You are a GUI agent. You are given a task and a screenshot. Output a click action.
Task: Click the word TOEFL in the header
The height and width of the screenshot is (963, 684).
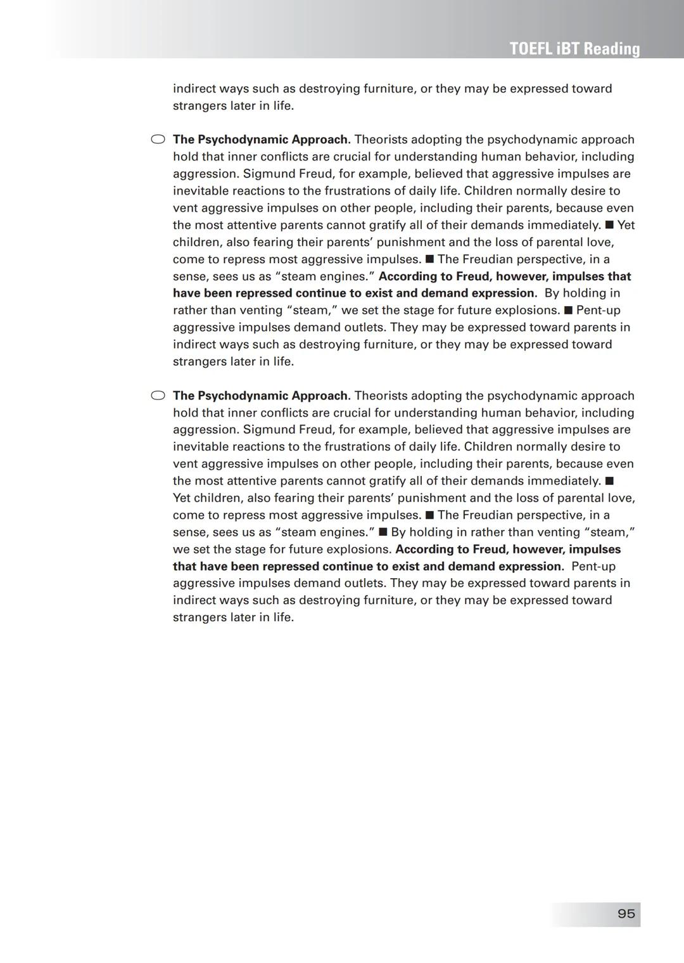tap(531, 49)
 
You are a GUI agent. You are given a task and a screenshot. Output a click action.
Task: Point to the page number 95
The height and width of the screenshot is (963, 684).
tap(626, 914)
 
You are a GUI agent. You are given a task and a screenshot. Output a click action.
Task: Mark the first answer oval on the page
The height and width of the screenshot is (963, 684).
tap(158, 139)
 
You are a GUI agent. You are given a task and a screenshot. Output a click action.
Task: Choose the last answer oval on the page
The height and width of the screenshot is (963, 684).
tap(158, 396)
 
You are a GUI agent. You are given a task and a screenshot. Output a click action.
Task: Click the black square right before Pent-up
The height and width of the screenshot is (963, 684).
tap(568, 310)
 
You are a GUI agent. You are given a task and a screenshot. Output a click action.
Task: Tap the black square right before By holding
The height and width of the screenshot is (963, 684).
tap(383, 532)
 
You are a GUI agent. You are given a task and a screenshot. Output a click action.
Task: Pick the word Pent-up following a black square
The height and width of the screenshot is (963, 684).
tap(598, 310)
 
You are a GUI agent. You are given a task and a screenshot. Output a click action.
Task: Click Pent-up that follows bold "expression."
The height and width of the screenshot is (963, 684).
tap(593, 566)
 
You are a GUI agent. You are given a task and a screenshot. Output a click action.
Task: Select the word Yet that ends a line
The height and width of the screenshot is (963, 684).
tap(626, 225)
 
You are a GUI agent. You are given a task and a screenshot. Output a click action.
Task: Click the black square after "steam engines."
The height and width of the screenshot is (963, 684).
tap(383, 532)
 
